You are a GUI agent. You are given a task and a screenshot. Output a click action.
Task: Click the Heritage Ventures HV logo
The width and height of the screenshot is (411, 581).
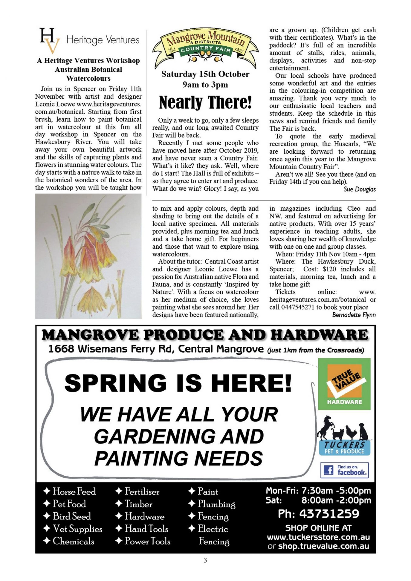[50, 40]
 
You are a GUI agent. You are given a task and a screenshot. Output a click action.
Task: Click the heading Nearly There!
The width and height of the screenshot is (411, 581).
[205, 102]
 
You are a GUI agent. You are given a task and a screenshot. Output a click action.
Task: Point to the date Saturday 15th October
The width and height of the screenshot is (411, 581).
[205, 74]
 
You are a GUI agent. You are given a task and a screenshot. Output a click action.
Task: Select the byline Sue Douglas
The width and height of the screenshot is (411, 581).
[360, 189]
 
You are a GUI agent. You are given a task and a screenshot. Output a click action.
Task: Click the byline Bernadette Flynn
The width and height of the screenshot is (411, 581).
[354, 315]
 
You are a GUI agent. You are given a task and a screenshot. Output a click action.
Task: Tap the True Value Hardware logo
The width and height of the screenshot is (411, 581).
[344, 384]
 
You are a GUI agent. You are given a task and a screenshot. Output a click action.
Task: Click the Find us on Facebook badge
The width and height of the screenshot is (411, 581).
[344, 470]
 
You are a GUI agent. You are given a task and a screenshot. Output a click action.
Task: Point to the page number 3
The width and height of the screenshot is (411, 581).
[205, 560]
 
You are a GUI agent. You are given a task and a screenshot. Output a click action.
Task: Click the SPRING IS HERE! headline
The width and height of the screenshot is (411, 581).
[178, 383]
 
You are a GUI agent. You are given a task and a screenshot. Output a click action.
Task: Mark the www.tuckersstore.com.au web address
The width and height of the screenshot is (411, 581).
[318, 537]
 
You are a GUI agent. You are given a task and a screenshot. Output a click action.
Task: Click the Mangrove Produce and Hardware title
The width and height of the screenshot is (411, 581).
[205, 335]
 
